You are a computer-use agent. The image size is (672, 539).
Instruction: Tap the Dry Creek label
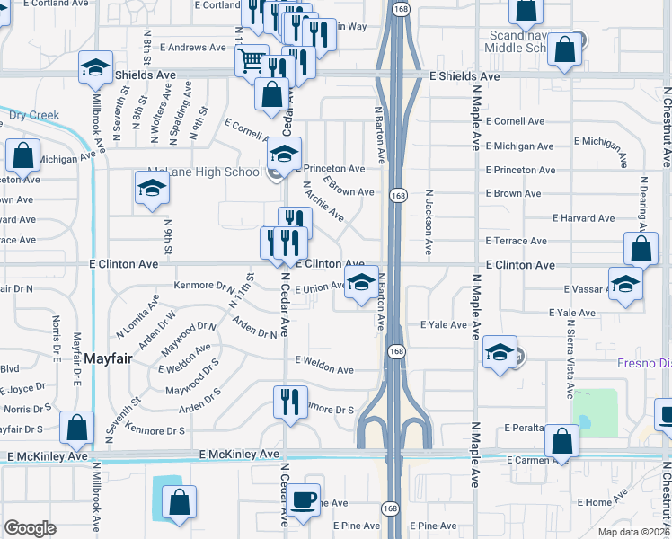coord(33,115)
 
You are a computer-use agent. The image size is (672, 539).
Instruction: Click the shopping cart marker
coord(252,62)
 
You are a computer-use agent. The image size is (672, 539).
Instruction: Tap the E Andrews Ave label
coord(192,48)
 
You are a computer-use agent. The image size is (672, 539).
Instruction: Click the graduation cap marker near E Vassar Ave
coord(625,284)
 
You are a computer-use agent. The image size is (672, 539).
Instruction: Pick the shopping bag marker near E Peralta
coord(561,441)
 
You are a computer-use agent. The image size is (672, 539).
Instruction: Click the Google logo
coord(31,528)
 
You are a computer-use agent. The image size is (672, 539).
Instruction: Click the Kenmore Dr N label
coord(204,287)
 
